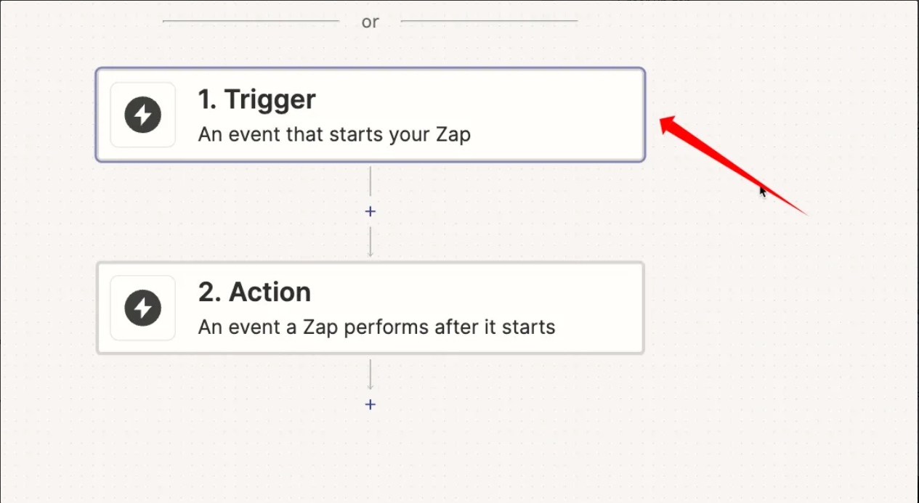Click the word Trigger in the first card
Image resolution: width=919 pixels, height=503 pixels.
pos(270,99)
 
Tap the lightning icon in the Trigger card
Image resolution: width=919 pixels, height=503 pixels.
pos(143,115)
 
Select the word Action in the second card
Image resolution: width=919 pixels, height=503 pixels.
pos(270,292)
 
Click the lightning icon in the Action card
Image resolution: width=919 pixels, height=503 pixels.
pos(143,308)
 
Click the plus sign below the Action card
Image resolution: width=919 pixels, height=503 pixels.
pos(370,404)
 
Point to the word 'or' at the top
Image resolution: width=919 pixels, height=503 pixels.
pos(370,22)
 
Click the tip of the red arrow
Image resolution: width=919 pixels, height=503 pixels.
pos(660,120)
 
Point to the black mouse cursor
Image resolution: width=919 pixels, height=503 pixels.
pos(763,192)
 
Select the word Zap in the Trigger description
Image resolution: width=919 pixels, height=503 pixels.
pos(453,135)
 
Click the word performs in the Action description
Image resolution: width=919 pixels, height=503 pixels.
pos(386,327)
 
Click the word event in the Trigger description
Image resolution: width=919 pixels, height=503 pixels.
pos(254,134)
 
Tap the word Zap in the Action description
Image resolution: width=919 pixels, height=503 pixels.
pos(320,327)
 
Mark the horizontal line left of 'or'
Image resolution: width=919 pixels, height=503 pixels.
pos(251,20)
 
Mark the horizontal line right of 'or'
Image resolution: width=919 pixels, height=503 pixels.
pos(489,20)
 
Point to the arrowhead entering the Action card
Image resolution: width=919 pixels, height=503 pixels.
pos(370,255)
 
